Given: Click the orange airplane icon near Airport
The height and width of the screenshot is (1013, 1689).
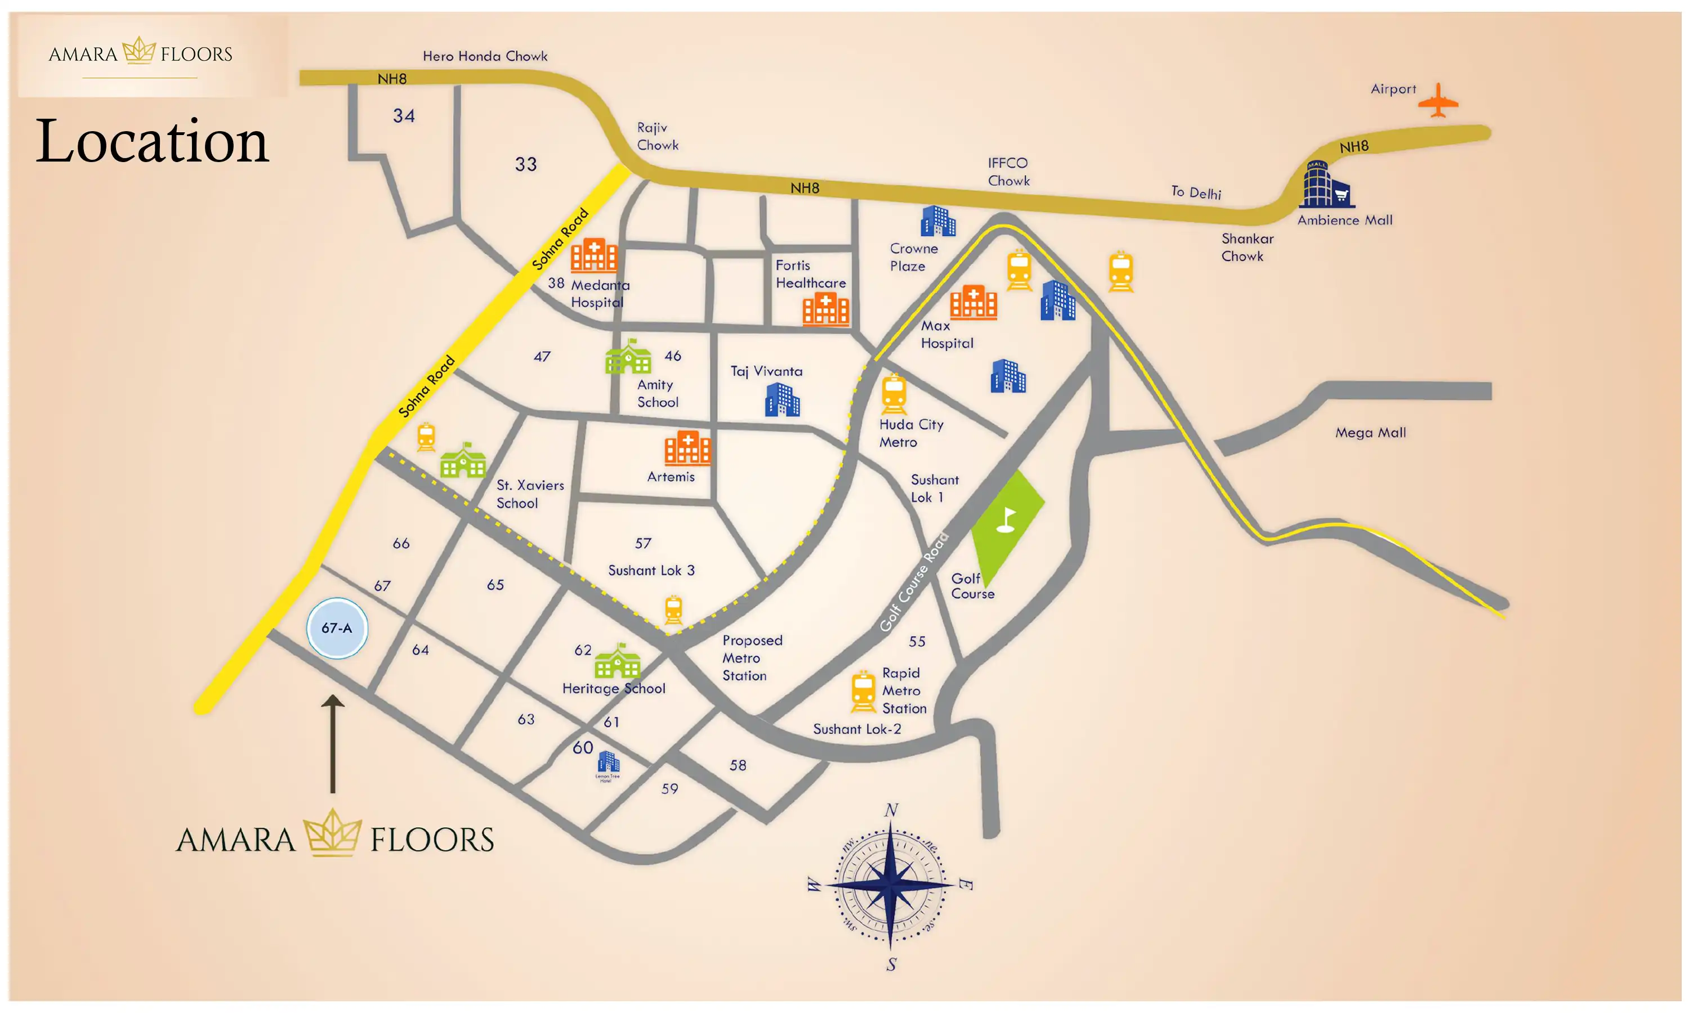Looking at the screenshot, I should click(1437, 101).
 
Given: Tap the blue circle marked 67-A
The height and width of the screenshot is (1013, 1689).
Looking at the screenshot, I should click(337, 628).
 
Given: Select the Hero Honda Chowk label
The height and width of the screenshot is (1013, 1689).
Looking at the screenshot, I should click(485, 56).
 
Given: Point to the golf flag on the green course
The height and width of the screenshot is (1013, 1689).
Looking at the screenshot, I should click(1006, 519).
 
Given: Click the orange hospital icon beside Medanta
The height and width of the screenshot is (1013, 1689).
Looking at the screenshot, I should click(593, 256).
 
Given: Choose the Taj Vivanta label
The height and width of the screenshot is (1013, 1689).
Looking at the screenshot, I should click(766, 371).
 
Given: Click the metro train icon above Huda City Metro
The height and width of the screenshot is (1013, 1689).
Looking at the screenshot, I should click(893, 394).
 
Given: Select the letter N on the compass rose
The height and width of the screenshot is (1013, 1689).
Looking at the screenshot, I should click(891, 810).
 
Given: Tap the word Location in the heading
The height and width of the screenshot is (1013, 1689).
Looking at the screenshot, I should click(152, 141).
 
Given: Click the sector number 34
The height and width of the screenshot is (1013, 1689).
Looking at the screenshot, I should click(404, 116).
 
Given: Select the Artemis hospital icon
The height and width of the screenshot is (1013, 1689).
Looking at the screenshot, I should click(687, 448).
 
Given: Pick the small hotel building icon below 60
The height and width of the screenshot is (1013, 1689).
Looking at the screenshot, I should click(607, 763).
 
